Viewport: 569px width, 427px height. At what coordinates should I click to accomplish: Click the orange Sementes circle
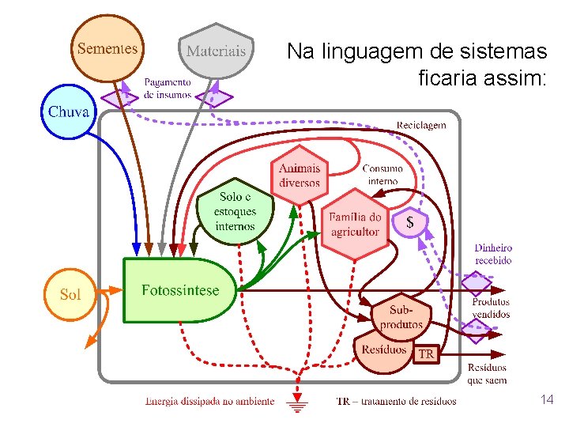(107, 48)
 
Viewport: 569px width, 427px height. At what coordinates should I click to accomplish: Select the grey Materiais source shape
(216, 52)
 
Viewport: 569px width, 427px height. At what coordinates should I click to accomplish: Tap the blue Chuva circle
(69, 111)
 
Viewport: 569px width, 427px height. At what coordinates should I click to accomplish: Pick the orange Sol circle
(70, 294)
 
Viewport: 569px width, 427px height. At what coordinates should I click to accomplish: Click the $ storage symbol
(409, 223)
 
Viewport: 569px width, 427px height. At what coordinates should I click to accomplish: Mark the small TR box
(425, 353)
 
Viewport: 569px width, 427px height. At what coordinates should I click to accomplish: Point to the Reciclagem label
(420, 125)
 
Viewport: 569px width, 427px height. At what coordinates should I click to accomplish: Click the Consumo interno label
(382, 174)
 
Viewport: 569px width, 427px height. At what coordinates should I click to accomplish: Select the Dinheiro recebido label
(493, 254)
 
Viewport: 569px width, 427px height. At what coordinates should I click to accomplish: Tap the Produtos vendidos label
(491, 308)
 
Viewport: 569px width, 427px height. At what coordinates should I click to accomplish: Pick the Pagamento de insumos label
(168, 88)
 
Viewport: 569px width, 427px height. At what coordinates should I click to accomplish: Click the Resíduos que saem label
(487, 374)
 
